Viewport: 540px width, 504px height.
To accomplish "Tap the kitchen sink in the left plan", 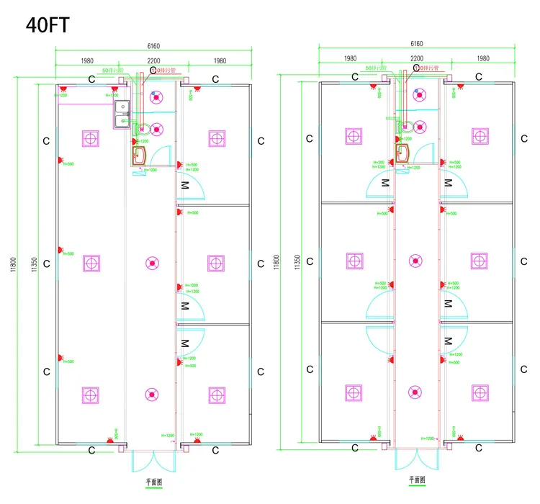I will [x=120, y=111].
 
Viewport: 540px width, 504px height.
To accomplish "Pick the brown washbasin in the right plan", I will [x=402, y=152].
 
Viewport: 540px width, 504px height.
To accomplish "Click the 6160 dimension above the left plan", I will [x=153, y=46].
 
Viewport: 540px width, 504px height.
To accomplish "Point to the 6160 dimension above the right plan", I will [x=417, y=44].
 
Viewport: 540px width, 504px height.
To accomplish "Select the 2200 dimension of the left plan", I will [x=153, y=60].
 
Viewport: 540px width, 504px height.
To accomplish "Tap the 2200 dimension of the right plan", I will [x=417, y=58].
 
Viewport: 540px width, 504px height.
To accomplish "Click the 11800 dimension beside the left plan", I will [x=13, y=264].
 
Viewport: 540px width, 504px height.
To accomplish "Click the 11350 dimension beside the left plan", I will [x=33, y=264].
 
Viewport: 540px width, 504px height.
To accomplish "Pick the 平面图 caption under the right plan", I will [x=417, y=478].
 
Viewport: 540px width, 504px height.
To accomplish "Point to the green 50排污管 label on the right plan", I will [x=375, y=68].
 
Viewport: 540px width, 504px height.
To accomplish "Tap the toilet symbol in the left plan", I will [x=141, y=130].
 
